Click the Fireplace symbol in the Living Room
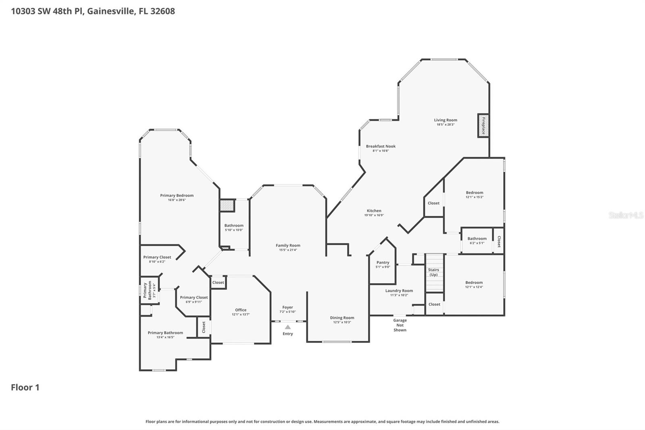point(483,126)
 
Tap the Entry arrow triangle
point(287,327)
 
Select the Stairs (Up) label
point(433,272)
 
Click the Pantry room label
point(383,263)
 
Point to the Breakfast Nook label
point(381,146)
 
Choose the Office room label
point(241,310)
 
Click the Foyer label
point(287,307)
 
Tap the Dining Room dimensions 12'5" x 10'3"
point(342,322)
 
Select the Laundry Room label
point(399,290)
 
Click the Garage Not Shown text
point(400,325)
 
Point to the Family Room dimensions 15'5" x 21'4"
point(288,250)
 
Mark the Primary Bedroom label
point(177,196)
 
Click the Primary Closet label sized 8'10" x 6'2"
point(157,257)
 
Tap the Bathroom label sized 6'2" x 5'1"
point(477,239)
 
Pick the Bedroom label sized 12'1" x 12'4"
point(474,283)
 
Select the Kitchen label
point(374,211)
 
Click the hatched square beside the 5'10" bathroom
point(227,206)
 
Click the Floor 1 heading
point(25,388)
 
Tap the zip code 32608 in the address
point(162,11)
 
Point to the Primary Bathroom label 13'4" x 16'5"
point(165,333)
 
